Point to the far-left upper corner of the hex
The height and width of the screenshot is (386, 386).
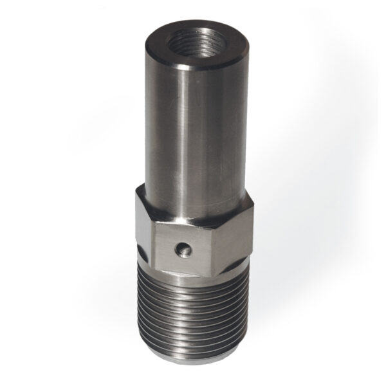pyautogui.click(x=136, y=191)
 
